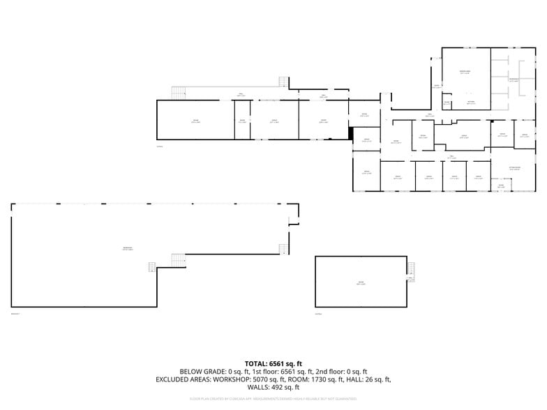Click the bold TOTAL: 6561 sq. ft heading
click(273, 363)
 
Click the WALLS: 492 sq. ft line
click(273, 388)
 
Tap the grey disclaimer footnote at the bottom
click(273, 399)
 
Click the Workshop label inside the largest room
click(128, 249)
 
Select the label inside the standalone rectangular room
click(361, 283)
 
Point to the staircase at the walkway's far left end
click(180, 92)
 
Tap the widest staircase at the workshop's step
click(178, 259)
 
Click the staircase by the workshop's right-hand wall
click(283, 249)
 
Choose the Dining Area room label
click(465, 72)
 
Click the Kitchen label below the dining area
click(471, 102)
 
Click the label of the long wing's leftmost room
click(195, 121)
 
